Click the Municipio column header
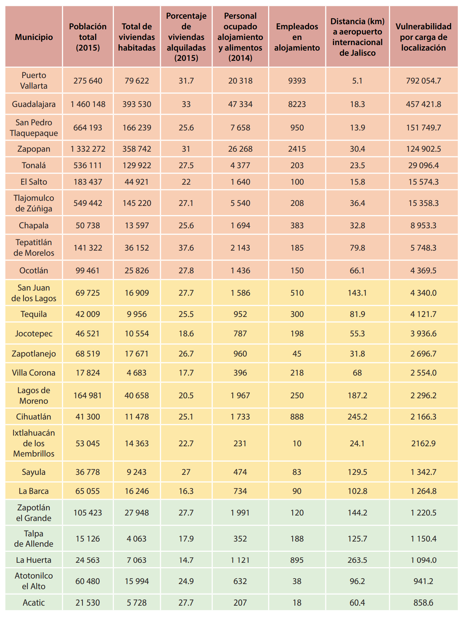pos(34,37)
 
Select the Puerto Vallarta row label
pos(34,81)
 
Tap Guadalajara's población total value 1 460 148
pos(88,104)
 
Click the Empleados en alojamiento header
pos(297,37)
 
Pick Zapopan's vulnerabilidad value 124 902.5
pos(423,149)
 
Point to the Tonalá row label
pos(34,166)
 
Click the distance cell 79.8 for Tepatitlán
pos(357,248)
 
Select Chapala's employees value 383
pos(297,226)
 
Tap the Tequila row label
pos(34,314)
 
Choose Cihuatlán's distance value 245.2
pos(357,417)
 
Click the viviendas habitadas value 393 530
pos(137,104)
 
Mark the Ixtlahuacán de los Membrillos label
pos(34,443)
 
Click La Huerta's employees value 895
pos(297,560)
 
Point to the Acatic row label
pos(34,603)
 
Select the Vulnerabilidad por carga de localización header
pos(423,37)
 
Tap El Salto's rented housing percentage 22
pos(186,182)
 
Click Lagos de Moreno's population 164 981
pos(88,396)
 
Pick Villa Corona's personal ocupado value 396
pos(240,373)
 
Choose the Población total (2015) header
pos(88,37)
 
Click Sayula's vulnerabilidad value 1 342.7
pos(423,472)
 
